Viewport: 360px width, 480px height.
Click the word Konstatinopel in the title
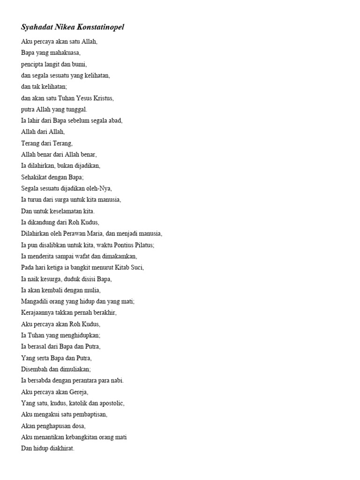coord(99,28)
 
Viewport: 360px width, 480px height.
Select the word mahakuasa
coord(66,53)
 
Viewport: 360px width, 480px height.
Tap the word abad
coord(115,120)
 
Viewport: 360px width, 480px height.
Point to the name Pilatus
coord(142,245)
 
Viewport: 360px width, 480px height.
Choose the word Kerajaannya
coord(38,313)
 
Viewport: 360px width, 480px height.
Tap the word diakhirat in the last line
coord(61,448)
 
